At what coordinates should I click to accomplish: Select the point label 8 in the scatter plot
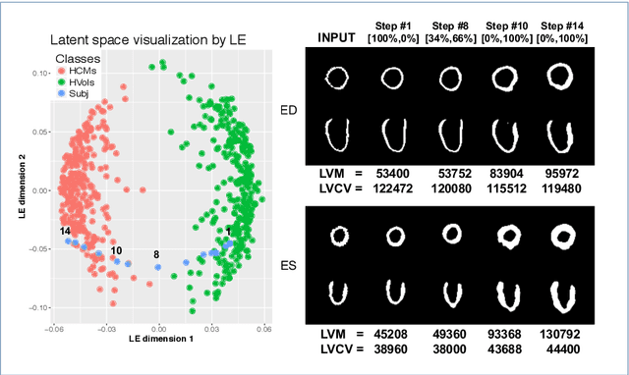pyautogui.click(x=155, y=255)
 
